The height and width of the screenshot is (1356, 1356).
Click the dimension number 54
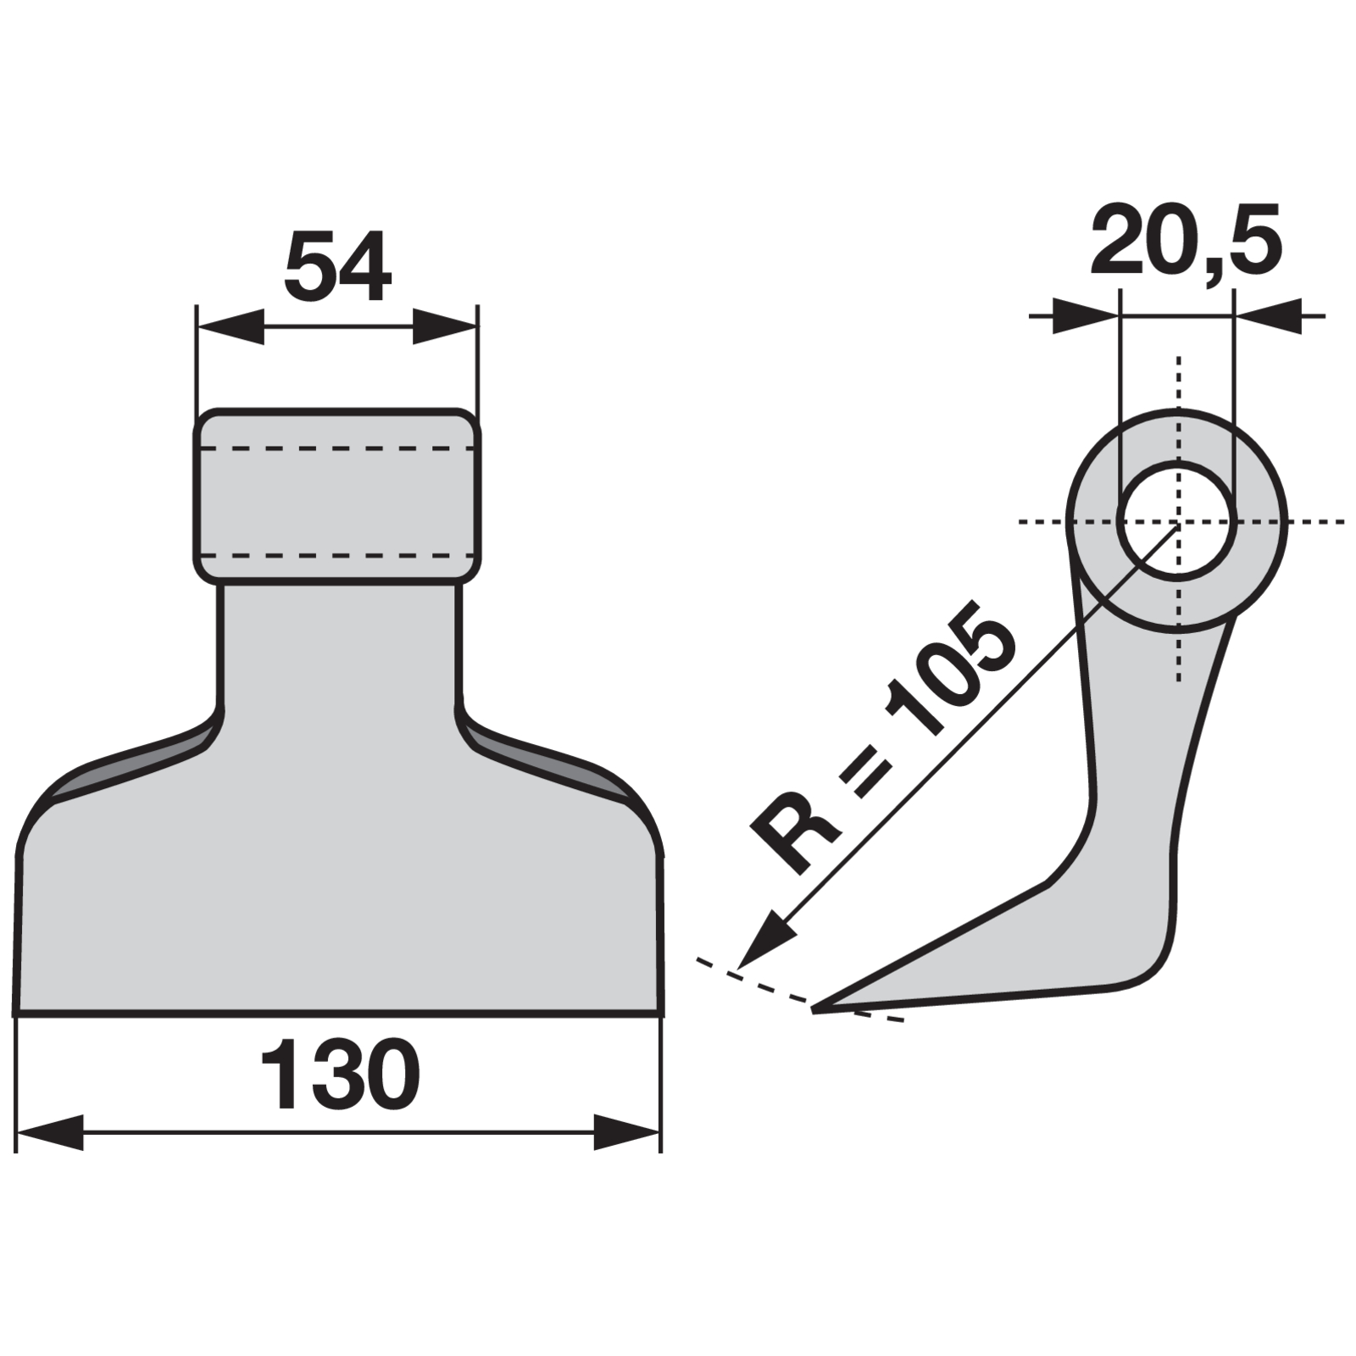click(x=337, y=268)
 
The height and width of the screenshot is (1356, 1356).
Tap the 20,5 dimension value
click(x=1186, y=242)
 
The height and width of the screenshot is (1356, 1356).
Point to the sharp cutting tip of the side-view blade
click(x=814, y=1009)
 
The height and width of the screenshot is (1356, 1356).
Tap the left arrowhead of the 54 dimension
click(x=230, y=325)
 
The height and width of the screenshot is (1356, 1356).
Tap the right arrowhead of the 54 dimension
click(x=445, y=325)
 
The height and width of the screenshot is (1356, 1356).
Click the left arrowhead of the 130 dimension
click(x=50, y=1132)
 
